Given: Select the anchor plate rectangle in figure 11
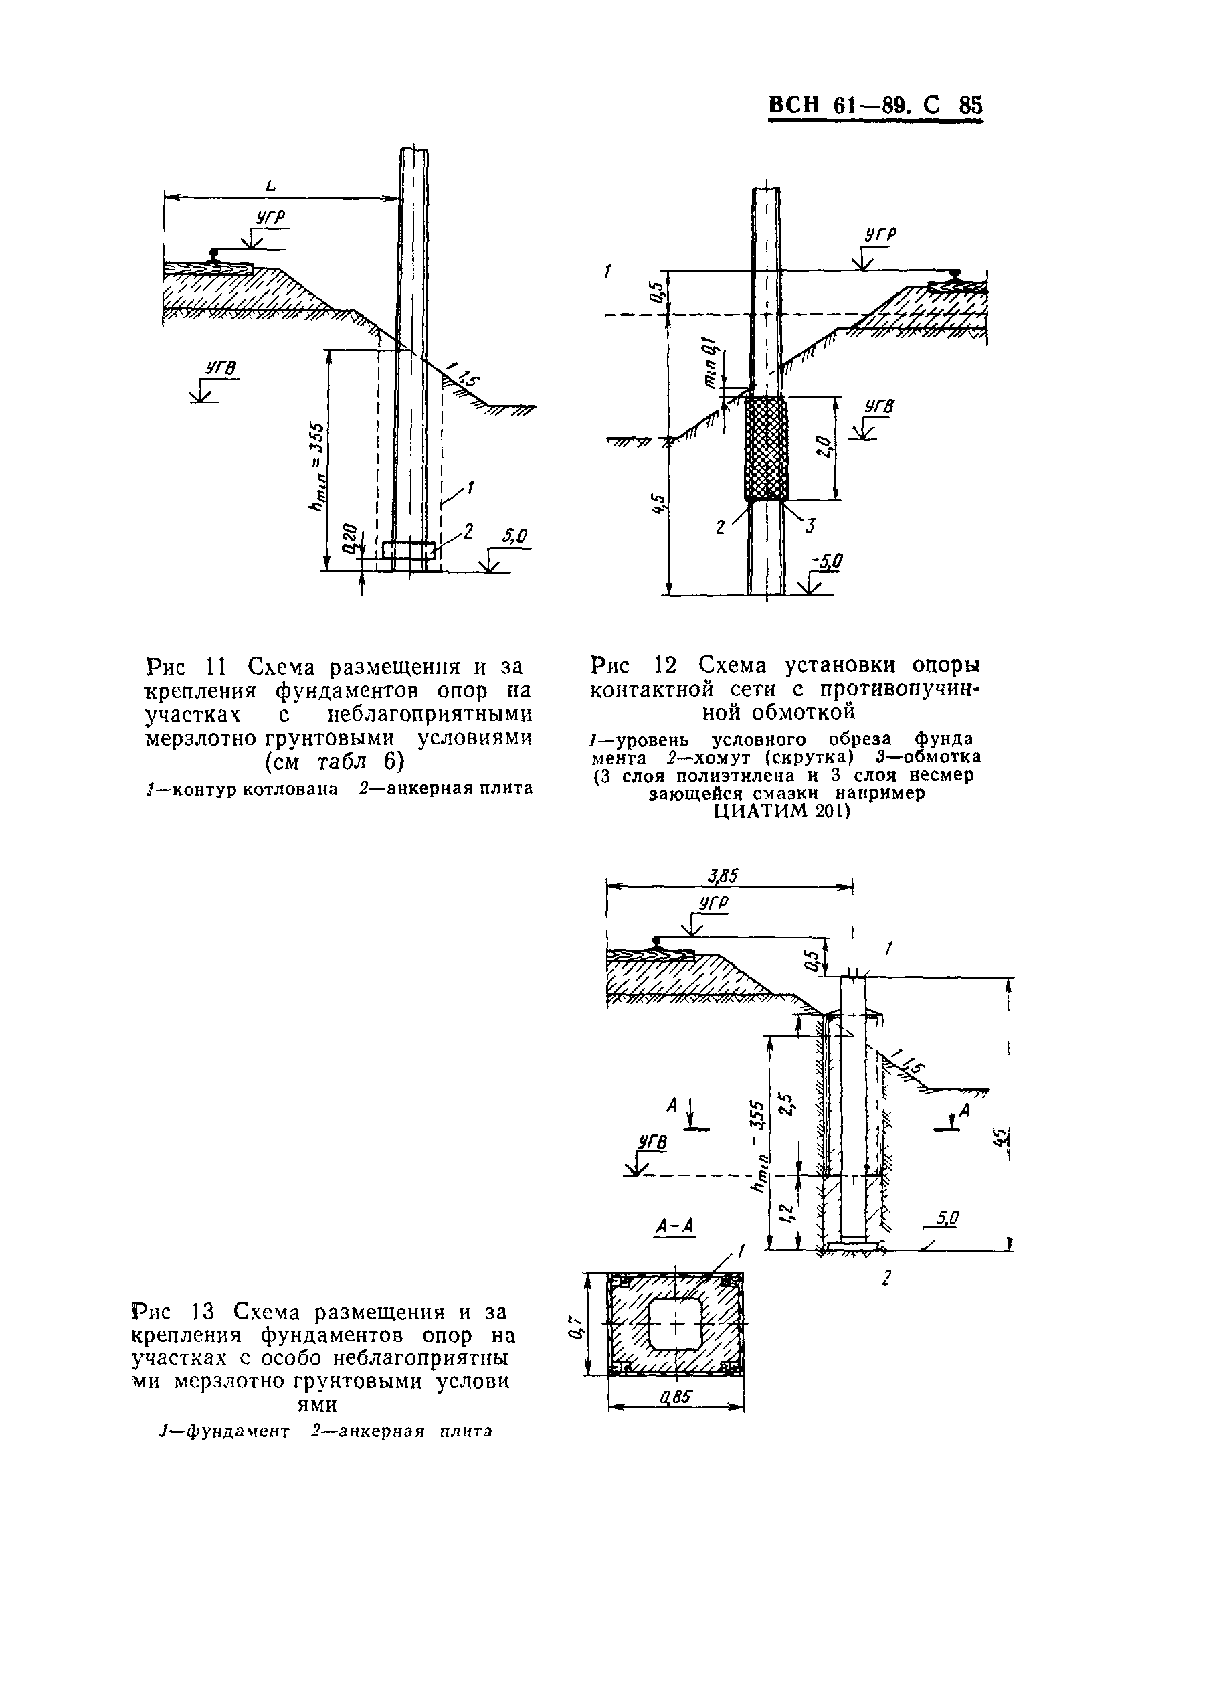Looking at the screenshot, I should click(409, 550).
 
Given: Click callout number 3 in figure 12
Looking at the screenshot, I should click(810, 525).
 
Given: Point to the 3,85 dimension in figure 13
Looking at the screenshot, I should click(723, 876).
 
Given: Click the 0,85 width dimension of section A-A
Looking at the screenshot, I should click(675, 1398).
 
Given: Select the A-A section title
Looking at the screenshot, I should click(674, 1225).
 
